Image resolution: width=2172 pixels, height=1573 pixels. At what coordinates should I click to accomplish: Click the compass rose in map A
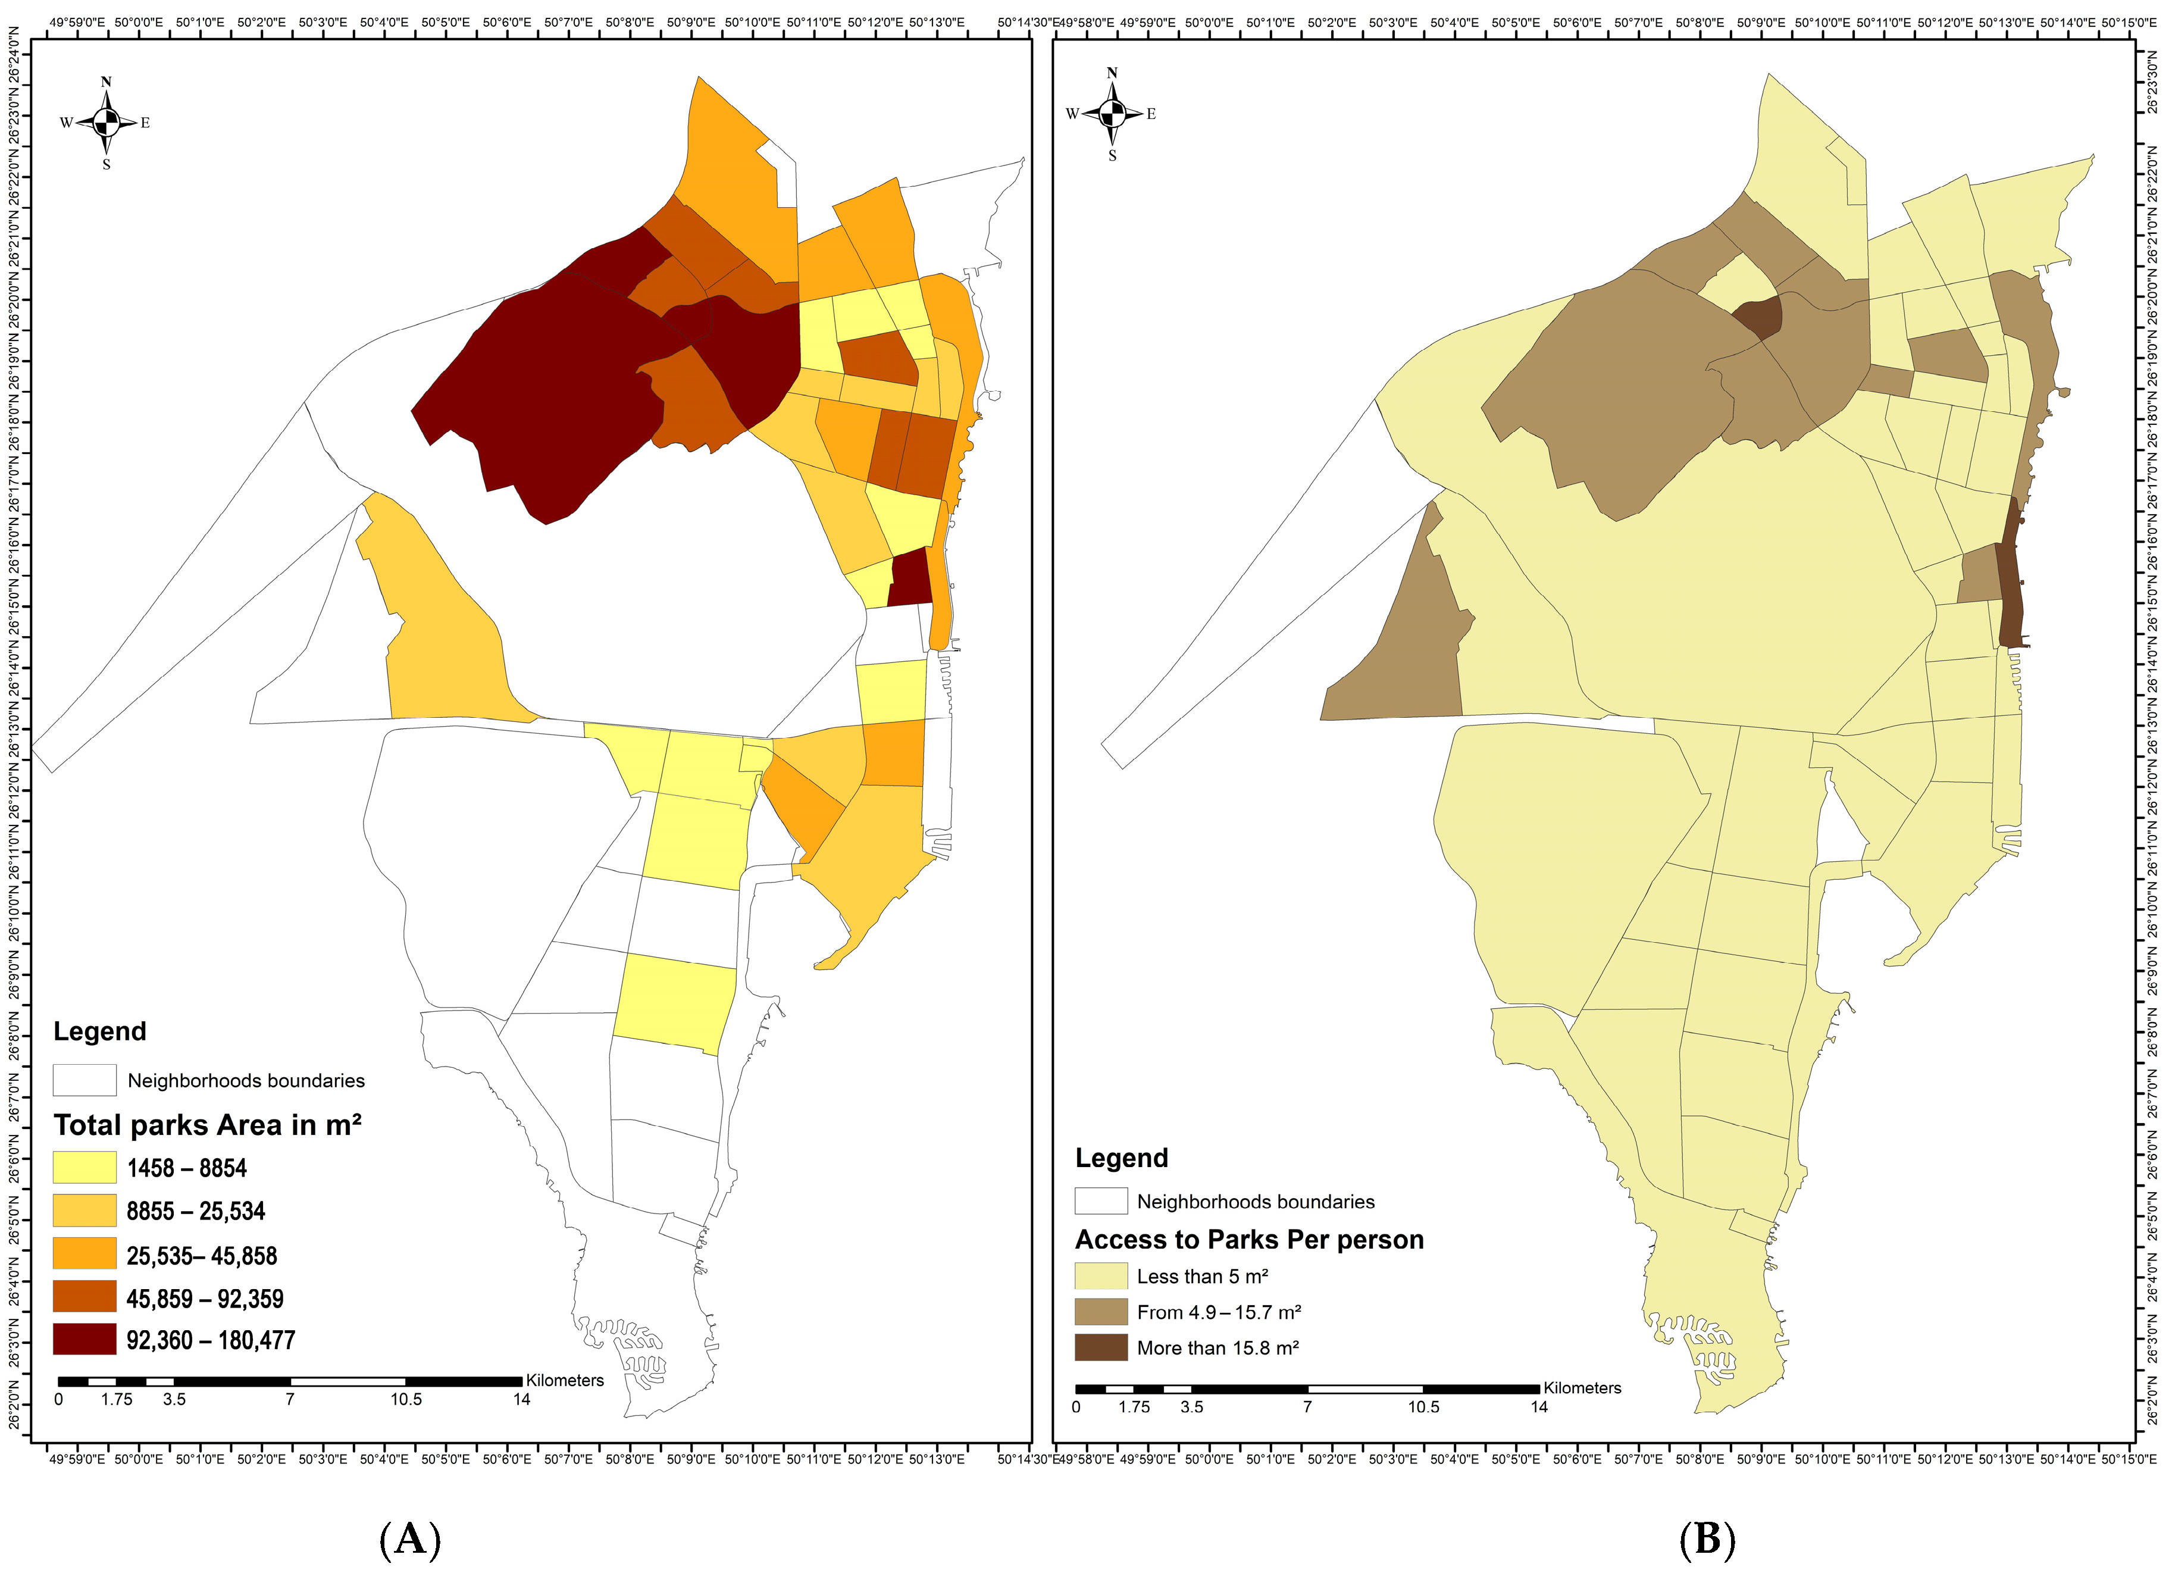coord(107,121)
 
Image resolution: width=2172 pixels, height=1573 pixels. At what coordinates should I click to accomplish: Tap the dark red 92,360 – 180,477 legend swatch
coord(84,1339)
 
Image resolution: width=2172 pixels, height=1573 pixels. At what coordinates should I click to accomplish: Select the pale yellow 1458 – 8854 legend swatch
coord(84,1167)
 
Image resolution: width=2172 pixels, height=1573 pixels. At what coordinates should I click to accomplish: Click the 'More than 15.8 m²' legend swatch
coord(1100,1347)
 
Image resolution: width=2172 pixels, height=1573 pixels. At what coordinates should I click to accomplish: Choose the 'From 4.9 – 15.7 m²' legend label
coord(1218,1312)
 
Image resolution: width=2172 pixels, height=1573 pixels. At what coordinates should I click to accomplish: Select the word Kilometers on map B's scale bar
coord(1582,1387)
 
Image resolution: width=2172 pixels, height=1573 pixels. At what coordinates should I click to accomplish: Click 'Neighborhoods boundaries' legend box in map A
coord(84,1080)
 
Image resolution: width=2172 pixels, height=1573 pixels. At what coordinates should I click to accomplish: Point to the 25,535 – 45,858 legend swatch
coord(84,1253)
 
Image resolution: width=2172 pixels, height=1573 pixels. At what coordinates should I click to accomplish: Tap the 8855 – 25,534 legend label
coord(195,1211)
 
